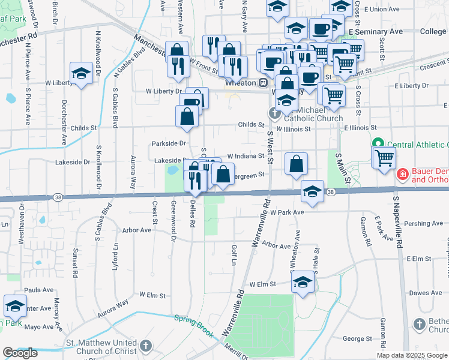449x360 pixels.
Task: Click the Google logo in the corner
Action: coord(20,353)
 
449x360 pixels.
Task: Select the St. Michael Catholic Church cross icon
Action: coord(275,112)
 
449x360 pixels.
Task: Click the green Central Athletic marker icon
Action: coord(379,145)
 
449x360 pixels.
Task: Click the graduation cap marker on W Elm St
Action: coord(304,283)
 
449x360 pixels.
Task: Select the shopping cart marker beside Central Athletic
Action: coord(384,158)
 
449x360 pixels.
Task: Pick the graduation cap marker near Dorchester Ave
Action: coord(81,74)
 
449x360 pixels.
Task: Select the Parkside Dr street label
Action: coord(169,143)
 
